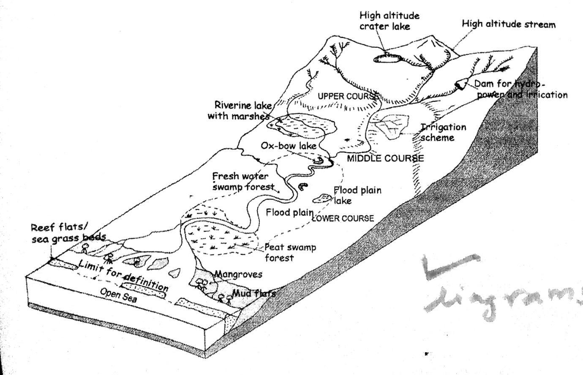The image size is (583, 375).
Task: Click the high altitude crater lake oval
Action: (x=387, y=59)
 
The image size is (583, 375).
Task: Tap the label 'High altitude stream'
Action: (x=508, y=24)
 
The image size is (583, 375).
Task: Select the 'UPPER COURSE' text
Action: (x=347, y=96)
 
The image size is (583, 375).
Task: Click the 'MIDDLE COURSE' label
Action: (x=385, y=158)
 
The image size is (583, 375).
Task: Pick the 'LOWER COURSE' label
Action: (x=343, y=218)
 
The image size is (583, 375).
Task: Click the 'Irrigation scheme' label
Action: (x=443, y=132)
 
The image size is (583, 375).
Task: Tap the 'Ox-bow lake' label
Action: (x=289, y=146)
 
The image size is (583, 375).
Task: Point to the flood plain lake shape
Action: (x=322, y=198)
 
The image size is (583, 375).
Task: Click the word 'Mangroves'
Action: (x=238, y=274)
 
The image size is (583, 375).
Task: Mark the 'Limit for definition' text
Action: (x=123, y=275)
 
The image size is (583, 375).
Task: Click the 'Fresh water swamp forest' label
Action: (x=243, y=181)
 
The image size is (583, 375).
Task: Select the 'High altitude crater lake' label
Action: (x=389, y=21)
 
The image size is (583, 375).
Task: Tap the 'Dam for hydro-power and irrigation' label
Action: (x=520, y=90)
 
